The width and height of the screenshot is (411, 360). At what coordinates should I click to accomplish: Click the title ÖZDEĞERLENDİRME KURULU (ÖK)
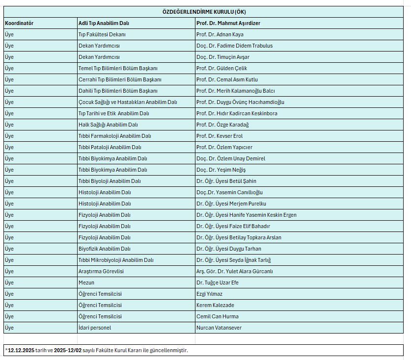pyautogui.click(x=204, y=12)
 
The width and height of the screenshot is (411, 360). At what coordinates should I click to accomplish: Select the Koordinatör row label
pyautogui.click(x=19, y=23)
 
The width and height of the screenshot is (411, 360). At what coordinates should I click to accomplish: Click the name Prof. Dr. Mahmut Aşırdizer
pyautogui.click(x=228, y=23)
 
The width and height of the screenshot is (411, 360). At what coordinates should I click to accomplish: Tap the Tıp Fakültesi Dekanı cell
pyautogui.click(x=102, y=34)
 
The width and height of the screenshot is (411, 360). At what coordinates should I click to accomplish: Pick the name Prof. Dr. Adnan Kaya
pyautogui.click(x=219, y=34)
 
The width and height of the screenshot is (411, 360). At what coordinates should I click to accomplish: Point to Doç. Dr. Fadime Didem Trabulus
pyautogui.click(x=234, y=46)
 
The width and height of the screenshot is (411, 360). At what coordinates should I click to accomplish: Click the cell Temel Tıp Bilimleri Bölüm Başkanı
pyautogui.click(x=118, y=68)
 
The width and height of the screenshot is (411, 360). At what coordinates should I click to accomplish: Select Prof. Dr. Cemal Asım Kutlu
pyautogui.click(x=227, y=79)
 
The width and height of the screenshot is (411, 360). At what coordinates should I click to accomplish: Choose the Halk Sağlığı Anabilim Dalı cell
pyautogui.click(x=108, y=125)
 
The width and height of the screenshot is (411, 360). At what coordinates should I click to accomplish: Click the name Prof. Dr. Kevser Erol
pyautogui.click(x=219, y=136)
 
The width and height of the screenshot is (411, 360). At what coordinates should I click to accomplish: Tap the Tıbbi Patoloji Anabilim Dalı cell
pyautogui.click(x=110, y=147)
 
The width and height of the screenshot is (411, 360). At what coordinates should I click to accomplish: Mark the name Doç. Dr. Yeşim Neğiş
pyautogui.click(x=221, y=170)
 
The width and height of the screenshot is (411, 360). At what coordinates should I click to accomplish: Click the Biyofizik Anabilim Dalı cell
pyautogui.click(x=105, y=249)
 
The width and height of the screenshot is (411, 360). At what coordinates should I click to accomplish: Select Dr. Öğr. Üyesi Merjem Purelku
pyautogui.click(x=231, y=204)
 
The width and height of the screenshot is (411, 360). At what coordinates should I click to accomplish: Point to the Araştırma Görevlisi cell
pyautogui.click(x=101, y=271)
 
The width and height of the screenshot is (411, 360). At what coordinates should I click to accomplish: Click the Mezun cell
pyautogui.click(x=86, y=283)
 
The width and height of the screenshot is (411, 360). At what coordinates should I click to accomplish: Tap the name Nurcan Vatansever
pyautogui.click(x=219, y=328)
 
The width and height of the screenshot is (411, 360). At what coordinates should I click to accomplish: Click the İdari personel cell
pyautogui.click(x=95, y=328)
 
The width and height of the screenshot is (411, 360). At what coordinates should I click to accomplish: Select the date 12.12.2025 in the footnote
pyautogui.click(x=21, y=350)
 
